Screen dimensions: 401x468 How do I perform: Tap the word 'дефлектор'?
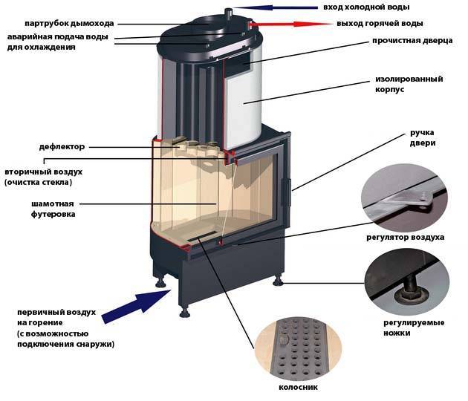pos(62,146)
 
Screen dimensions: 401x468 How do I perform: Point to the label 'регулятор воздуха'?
pos(405,238)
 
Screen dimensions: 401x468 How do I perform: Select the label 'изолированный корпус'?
pos(407,83)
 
